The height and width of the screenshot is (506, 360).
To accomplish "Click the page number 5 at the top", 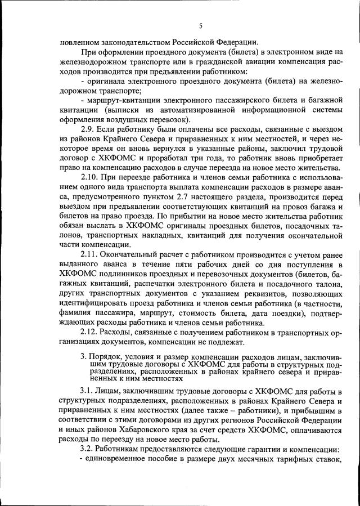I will coord(200,25).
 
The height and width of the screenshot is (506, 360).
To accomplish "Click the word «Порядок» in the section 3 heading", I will coord(105,357).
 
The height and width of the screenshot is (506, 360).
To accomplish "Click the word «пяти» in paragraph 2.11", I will coord(166,264).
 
